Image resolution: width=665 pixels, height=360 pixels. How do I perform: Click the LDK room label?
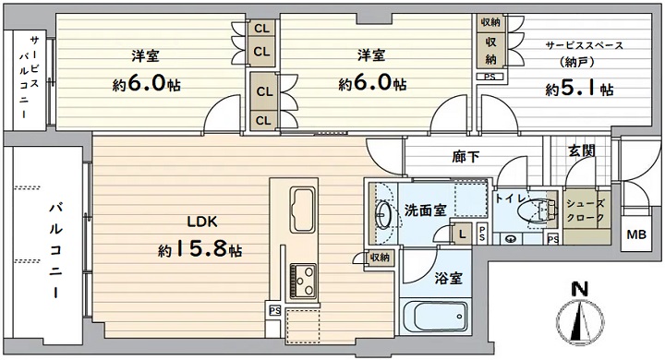(x=202, y=222)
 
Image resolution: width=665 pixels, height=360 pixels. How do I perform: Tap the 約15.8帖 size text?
(x=200, y=249)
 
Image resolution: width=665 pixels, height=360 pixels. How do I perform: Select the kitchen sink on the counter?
(x=302, y=210)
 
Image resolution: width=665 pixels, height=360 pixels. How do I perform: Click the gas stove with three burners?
(x=303, y=282)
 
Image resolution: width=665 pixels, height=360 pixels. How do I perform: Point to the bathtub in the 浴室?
(x=435, y=317)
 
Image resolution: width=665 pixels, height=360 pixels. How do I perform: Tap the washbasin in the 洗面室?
(x=384, y=213)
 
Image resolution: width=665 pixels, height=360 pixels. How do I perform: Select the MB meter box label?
(x=636, y=234)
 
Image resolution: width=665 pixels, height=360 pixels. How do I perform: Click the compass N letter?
(x=580, y=289)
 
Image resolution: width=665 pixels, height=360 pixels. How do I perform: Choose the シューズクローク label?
(x=586, y=210)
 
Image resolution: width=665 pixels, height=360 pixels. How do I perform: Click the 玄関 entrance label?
(x=582, y=150)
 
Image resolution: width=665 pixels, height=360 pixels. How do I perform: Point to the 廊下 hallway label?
(x=465, y=157)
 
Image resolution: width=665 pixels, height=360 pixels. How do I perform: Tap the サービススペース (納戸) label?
(x=584, y=54)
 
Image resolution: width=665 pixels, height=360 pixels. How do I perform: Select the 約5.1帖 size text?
(x=579, y=90)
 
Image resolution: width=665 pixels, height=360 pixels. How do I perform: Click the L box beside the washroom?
(x=462, y=234)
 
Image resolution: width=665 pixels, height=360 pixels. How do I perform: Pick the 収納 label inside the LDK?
(x=380, y=257)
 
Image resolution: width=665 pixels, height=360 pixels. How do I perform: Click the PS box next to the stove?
(x=275, y=311)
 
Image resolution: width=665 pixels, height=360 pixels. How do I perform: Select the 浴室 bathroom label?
(x=448, y=278)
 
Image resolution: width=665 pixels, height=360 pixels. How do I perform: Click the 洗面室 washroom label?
(x=425, y=210)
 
